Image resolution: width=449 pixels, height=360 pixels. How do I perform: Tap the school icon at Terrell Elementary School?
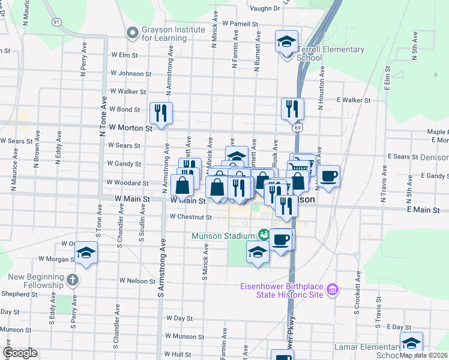pyautogui.click(x=287, y=42)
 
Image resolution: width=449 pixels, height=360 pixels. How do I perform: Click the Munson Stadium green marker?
pyautogui.click(x=263, y=234)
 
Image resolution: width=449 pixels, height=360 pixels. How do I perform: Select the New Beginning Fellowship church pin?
pyautogui.click(x=73, y=280)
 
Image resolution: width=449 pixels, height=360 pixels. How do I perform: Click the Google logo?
pyautogui.click(x=20, y=353)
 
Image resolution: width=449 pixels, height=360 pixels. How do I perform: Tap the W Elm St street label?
pyautogui.click(x=124, y=55)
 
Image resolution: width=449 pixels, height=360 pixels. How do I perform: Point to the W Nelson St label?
pyautogui.click(x=137, y=280)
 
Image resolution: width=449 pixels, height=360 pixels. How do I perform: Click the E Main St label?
pyautogui.click(x=423, y=210)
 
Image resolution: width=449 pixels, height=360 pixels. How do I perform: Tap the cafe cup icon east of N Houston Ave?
pyautogui.click(x=328, y=176)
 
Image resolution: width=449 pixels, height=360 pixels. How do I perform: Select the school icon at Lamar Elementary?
pyautogui.click(x=411, y=343)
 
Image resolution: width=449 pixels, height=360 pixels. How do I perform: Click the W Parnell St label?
pyautogui.click(x=240, y=24)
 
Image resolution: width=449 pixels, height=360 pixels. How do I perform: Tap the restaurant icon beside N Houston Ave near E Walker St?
pyautogui.click(x=292, y=109)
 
